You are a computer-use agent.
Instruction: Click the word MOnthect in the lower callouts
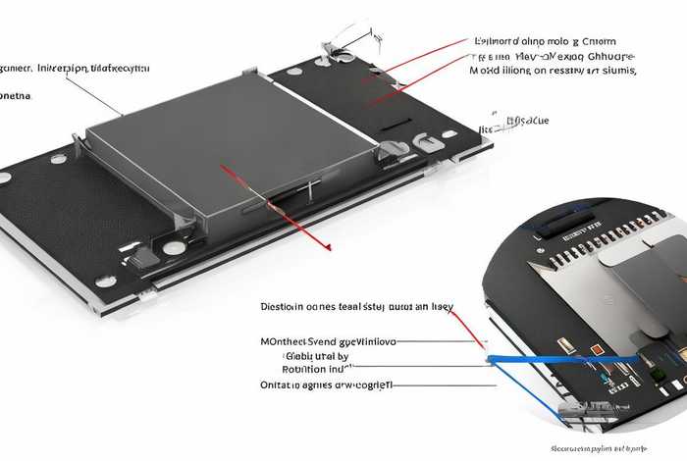(282, 340)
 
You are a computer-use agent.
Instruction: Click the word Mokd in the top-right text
(485, 71)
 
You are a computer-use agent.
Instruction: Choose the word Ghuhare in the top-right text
(607, 56)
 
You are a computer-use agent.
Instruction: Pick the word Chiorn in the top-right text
(599, 41)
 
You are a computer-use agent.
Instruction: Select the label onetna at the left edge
(15, 96)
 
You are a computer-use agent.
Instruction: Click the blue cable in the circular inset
(559, 361)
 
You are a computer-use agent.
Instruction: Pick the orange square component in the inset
(596, 350)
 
